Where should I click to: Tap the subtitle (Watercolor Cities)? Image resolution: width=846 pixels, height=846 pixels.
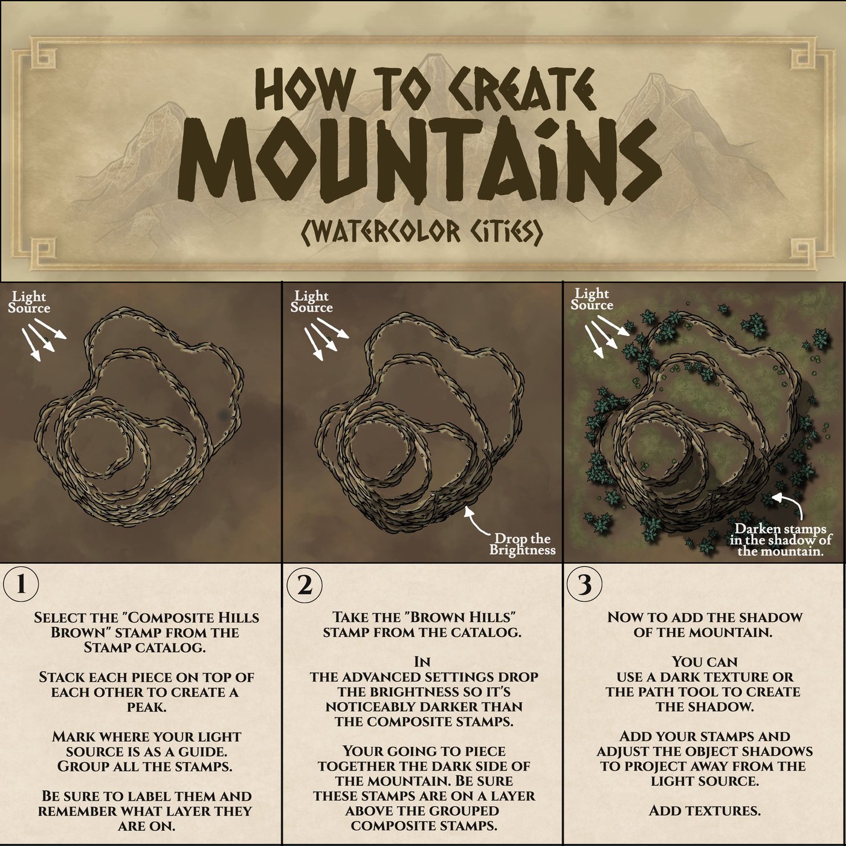point(422,232)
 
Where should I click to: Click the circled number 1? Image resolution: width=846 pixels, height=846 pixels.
point(21,584)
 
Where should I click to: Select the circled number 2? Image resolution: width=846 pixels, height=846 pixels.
point(304,584)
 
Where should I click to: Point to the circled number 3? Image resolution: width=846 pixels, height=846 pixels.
point(584,584)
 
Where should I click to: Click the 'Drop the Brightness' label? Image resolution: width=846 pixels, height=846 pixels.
point(523,544)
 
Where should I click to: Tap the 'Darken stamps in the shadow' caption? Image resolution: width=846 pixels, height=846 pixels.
point(781,540)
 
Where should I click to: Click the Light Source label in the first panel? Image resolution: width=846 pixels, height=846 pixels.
point(29,303)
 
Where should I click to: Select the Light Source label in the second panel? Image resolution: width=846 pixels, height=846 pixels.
point(311,302)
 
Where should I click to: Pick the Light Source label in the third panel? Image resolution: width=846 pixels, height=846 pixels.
point(592,299)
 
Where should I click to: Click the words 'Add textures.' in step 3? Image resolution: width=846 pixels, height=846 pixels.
point(704,811)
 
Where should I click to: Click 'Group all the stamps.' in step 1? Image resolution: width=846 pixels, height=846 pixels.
point(144,767)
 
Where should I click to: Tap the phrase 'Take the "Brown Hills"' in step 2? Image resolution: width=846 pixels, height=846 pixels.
point(423,617)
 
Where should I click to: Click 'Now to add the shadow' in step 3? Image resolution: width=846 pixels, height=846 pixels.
point(705,617)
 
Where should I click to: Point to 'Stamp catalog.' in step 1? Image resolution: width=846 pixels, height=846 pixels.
point(144,648)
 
